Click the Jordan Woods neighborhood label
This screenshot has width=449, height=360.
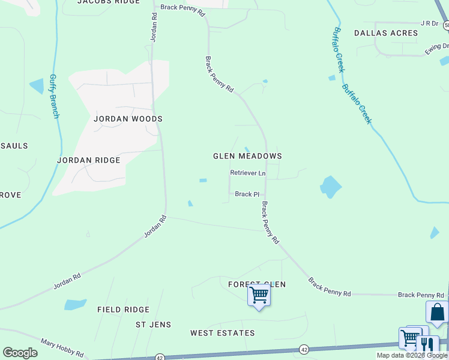pos(128,119)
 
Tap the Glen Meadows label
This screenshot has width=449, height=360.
pos(247,156)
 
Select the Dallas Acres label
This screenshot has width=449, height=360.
pos(385,33)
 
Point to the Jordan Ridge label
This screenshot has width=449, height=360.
pos(88,160)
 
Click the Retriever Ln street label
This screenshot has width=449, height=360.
pos(247,173)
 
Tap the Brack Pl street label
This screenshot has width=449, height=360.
pos(247,194)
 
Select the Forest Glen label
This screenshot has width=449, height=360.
pos(257,284)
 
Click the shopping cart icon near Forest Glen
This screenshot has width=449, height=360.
pos(259,295)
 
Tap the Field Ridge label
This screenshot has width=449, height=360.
pos(123,310)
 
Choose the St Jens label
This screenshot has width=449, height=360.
pos(153,325)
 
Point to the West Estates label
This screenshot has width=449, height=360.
pos(223,332)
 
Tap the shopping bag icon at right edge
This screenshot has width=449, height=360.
pos(437,312)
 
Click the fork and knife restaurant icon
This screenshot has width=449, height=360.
pos(427,344)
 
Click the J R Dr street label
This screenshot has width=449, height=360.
pos(430,23)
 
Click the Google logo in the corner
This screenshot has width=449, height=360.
pos(20,353)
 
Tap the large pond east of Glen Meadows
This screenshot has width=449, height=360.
pos(329,187)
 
